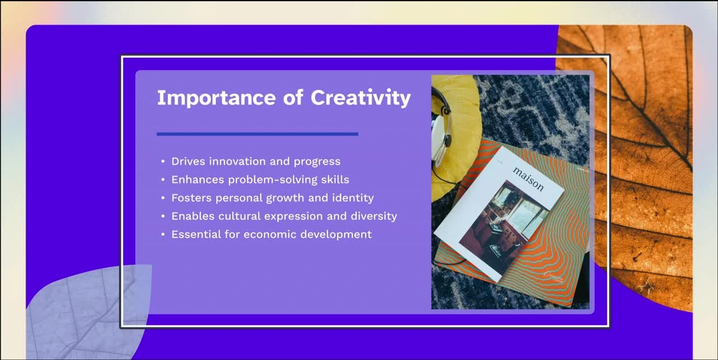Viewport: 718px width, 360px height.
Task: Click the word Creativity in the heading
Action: (361, 97)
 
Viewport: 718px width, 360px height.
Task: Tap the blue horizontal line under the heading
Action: (257, 134)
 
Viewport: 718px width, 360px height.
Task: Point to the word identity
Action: (353, 198)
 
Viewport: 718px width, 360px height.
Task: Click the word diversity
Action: (374, 216)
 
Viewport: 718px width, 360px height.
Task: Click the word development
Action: (336, 234)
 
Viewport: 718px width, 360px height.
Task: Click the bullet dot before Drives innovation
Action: (163, 162)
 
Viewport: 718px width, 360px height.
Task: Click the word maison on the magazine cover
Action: (528, 179)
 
